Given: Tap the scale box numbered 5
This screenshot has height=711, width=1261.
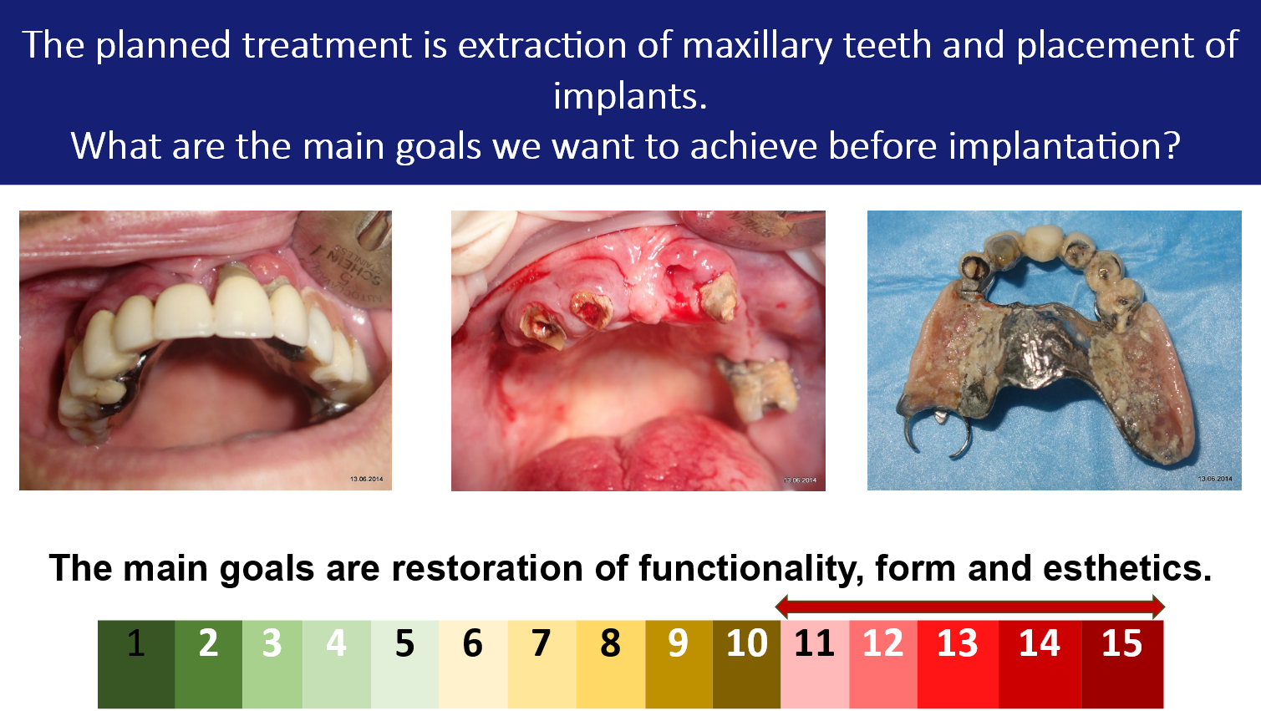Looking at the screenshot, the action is (404, 664).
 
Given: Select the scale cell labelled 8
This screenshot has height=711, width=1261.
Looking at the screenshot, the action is (610, 664).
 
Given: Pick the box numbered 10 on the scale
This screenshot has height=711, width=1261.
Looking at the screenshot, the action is (746, 664).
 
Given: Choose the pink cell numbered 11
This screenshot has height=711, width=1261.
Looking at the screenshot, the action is (815, 664).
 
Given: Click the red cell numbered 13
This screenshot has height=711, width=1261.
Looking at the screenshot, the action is (958, 664).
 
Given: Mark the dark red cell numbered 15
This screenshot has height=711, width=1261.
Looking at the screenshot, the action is (1122, 664).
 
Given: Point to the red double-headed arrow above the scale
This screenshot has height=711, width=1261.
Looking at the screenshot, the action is (969, 607).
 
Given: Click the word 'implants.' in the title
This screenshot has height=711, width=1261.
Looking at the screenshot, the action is (630, 96).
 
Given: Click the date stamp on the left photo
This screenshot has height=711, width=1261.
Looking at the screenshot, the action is (367, 479).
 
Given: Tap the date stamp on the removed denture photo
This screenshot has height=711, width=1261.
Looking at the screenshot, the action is (1215, 479).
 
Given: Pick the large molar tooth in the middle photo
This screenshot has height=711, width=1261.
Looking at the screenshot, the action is (757, 389).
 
